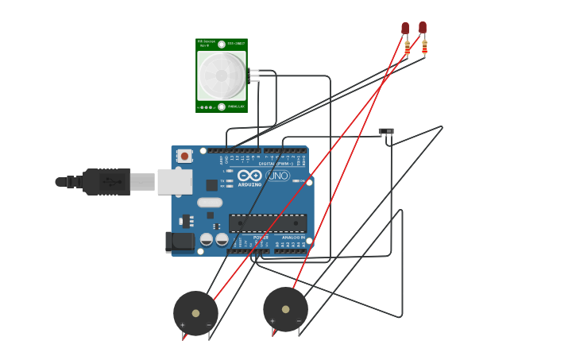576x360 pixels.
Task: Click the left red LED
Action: (x=405, y=29)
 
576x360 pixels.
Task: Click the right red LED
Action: (x=423, y=28)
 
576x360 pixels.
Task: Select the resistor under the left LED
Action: (x=408, y=49)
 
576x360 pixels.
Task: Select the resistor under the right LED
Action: (x=424, y=48)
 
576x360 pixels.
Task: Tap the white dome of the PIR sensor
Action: (x=222, y=76)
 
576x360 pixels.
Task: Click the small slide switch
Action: (x=386, y=131)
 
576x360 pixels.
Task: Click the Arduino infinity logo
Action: (x=249, y=176)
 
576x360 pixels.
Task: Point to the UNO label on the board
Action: (x=278, y=176)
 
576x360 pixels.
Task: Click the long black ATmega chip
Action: (x=268, y=223)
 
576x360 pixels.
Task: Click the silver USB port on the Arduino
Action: (x=175, y=182)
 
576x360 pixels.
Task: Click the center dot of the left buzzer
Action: (x=195, y=313)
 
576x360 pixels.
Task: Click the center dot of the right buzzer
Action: (x=285, y=309)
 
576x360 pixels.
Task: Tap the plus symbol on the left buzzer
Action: (x=182, y=325)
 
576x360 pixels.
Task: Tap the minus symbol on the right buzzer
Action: (x=299, y=321)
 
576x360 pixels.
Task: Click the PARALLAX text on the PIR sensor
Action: (x=236, y=106)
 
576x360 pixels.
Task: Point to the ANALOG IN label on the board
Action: (x=293, y=237)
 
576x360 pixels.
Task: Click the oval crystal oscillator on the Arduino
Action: (x=210, y=203)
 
